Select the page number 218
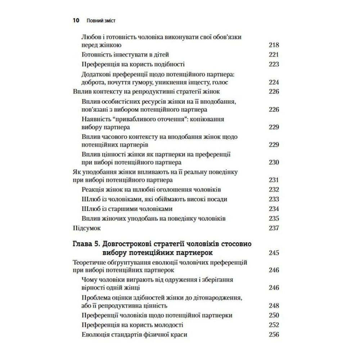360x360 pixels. point(274,45)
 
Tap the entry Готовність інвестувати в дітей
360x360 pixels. point(126,55)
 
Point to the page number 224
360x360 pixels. point(274,82)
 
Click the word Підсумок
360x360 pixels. point(87,228)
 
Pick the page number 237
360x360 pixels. point(274,228)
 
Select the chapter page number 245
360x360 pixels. point(274,252)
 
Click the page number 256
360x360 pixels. point(274,334)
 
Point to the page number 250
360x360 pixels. point(274,315)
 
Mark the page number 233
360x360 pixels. point(274,199)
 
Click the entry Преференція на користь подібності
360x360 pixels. point(134,64)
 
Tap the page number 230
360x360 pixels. point(274,162)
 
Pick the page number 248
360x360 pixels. point(274,306)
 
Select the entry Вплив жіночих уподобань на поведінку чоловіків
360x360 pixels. point(154,219)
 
